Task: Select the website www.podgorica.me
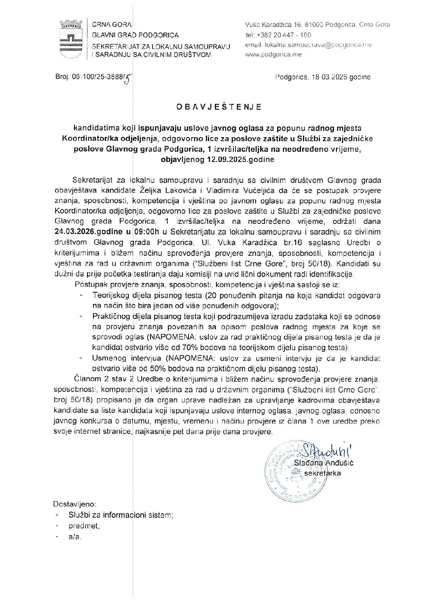[x=273, y=55]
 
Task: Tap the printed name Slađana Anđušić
[x=324, y=463]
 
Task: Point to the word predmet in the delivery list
[x=84, y=526]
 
